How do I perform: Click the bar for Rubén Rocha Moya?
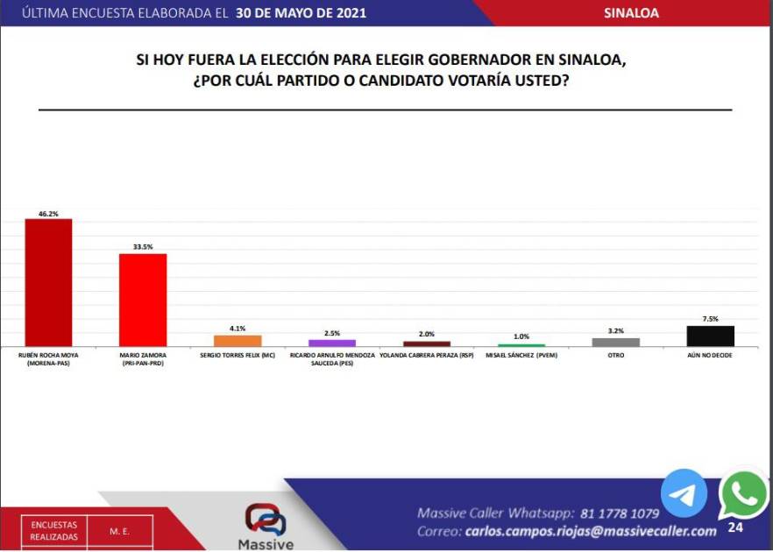tap(48, 282)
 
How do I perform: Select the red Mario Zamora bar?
tap(143, 300)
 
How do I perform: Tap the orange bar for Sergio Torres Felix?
tap(238, 341)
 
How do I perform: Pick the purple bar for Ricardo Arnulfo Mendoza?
tap(332, 343)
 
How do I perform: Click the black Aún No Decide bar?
tap(710, 336)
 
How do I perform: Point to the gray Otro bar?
tap(615, 342)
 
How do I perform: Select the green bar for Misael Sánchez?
tap(521, 345)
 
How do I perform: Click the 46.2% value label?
tap(48, 213)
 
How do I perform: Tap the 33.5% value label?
tap(143, 248)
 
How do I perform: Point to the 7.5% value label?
tap(710, 319)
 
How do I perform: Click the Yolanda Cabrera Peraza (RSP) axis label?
tap(427, 355)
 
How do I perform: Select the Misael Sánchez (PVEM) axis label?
tap(521, 355)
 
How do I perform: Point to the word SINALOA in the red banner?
tap(633, 13)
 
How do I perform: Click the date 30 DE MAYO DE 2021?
tap(301, 13)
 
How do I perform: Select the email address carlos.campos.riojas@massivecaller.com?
tap(591, 532)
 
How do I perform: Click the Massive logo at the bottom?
tap(265, 526)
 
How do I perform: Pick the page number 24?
tap(734, 528)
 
